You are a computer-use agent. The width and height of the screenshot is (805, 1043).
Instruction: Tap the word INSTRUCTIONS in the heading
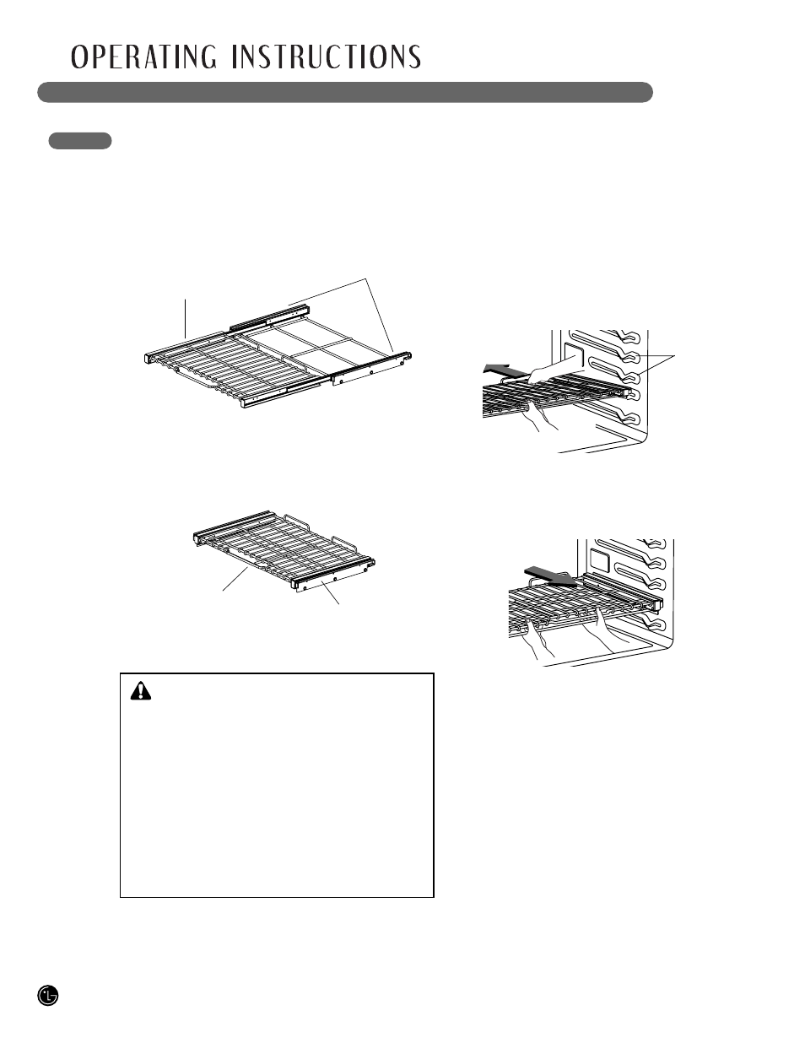pos(327,57)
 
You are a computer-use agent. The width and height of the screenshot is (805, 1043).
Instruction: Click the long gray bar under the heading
pos(345,92)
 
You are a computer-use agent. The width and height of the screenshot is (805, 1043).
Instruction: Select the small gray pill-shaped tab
pos(80,141)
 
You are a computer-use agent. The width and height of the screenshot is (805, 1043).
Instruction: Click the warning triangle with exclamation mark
pos(141,691)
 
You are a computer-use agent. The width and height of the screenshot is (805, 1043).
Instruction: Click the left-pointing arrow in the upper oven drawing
pos(503,370)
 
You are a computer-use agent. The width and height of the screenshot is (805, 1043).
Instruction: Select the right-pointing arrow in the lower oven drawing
pos(550,576)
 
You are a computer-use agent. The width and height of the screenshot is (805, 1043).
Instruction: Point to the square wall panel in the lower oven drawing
pos(600,559)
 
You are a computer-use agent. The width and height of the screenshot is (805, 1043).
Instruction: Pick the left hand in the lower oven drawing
pos(540,639)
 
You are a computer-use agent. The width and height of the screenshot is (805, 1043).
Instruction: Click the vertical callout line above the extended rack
pos(185,319)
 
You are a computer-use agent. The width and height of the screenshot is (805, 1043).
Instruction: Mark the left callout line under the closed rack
pos(235,580)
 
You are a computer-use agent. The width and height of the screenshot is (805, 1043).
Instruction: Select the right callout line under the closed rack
pos(330,592)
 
